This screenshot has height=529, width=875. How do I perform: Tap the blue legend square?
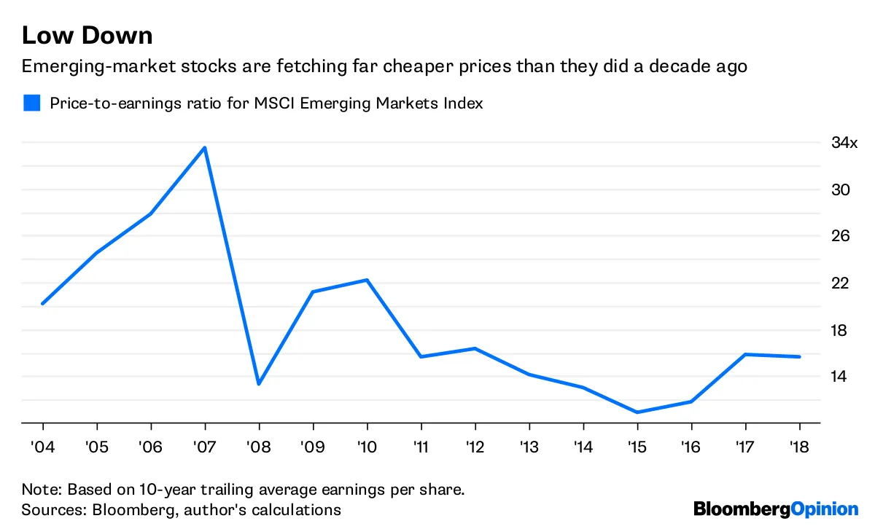31,103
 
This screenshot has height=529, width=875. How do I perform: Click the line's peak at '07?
205,148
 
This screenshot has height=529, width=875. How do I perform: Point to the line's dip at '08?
259,384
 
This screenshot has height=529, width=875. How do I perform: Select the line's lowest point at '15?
637,412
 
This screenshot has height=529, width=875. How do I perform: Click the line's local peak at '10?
367,280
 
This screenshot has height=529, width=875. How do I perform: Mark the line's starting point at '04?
43,303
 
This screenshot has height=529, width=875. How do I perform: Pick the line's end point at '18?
799,356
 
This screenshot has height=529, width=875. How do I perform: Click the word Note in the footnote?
38,488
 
